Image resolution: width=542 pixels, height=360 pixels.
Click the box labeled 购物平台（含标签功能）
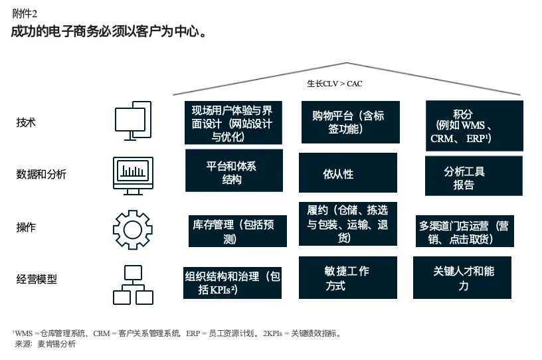pyautogui.click(x=350, y=122)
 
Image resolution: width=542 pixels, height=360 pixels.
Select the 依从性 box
pyautogui.click(x=347, y=173)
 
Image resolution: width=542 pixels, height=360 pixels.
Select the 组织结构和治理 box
pyautogui.click(x=232, y=283)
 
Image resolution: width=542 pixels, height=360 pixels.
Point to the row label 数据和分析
pyautogui.click(x=41, y=175)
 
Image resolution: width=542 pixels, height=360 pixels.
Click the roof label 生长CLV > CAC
pyautogui.click(x=334, y=84)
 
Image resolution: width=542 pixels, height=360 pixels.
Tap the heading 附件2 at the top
pyautogui.click(x=25, y=13)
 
